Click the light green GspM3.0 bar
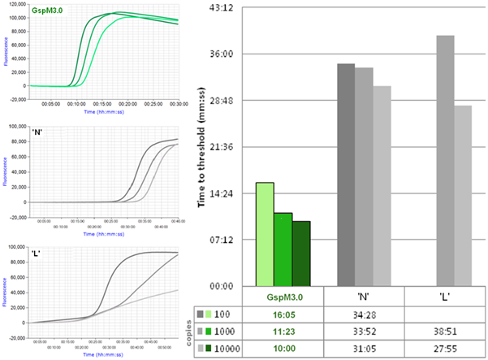point(265,234)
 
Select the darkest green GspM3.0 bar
point(301,253)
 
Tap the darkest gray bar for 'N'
point(346,175)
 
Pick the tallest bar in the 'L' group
point(444,160)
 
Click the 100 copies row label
point(225,314)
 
